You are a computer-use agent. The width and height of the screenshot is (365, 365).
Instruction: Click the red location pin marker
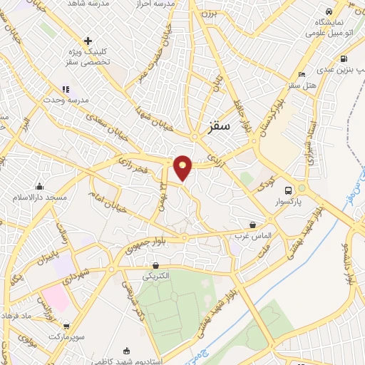[183, 167]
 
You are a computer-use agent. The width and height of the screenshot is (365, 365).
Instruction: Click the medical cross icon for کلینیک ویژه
[87, 41]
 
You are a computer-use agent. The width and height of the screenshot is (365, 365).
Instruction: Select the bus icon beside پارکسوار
[288, 190]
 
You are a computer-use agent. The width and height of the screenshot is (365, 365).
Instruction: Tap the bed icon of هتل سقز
[302, 74]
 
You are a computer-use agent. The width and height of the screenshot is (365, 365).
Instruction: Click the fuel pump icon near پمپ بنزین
[344, 59]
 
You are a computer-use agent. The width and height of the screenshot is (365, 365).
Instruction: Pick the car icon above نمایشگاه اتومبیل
[328, 12]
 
